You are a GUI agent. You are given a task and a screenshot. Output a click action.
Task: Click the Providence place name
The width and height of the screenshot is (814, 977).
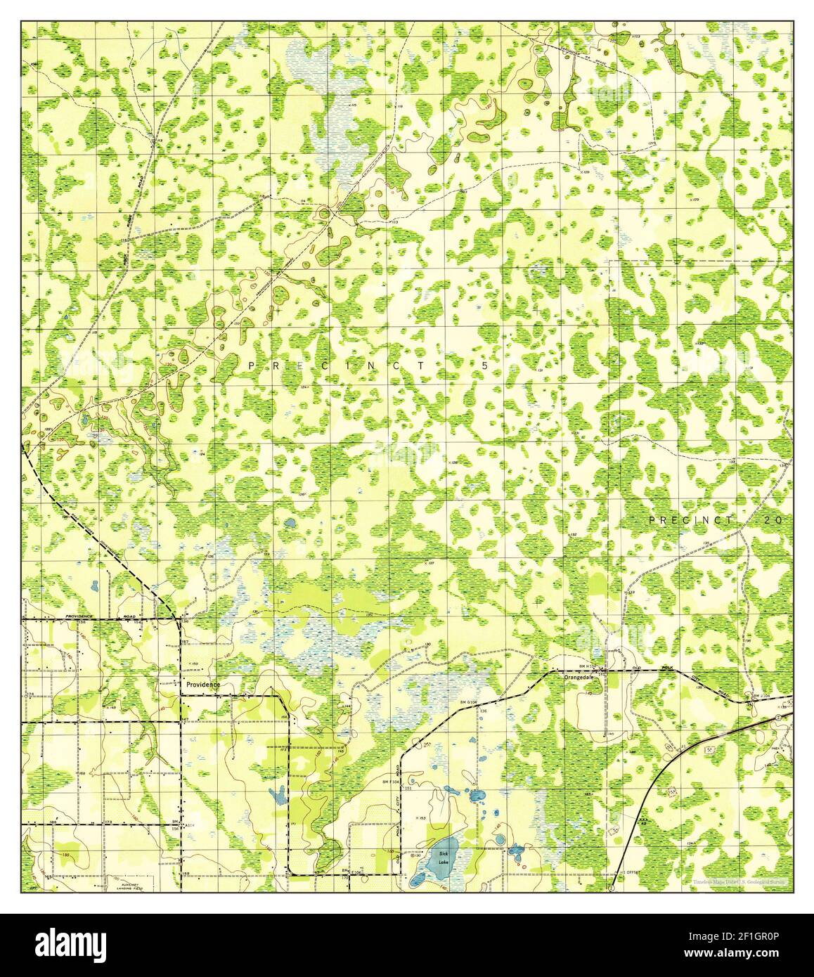(202, 684)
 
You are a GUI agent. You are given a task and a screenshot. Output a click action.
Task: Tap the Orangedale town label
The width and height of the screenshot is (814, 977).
(581, 678)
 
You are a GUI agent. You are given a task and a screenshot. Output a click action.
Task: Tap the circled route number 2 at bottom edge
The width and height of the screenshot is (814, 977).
(611, 888)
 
